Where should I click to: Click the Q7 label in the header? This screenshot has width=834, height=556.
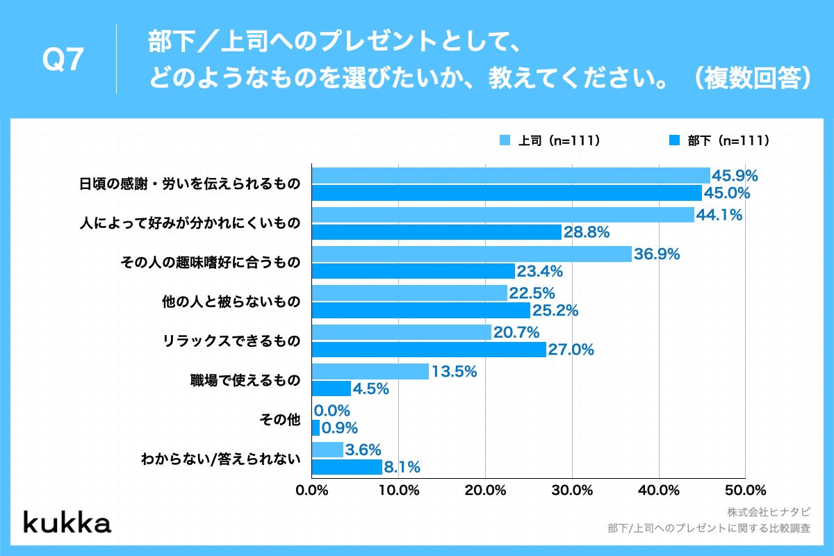tap(63, 60)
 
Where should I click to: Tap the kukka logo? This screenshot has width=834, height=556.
tap(67, 522)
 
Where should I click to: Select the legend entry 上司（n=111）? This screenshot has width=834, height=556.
tap(550, 140)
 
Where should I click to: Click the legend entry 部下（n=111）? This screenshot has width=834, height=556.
tap(719, 140)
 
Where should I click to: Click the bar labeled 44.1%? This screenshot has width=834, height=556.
tap(502, 215)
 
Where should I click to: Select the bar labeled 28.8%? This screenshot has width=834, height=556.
tap(436, 232)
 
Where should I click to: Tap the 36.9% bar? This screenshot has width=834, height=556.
tap(471, 254)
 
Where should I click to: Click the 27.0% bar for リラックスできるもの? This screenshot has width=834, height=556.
tap(429, 350)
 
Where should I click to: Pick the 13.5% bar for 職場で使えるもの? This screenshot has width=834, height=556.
tap(370, 372)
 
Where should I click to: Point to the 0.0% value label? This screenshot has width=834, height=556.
tap(332, 411)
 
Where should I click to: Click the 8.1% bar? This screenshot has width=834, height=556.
tap(347, 467)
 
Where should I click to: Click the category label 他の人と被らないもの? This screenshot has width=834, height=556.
tap(230, 302)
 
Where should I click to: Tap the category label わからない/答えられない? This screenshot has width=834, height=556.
tap(220, 459)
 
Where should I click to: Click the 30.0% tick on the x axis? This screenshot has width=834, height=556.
tap(572, 490)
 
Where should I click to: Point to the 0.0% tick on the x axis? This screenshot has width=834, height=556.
tap(311, 490)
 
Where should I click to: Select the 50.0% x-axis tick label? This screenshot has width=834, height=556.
tap(745, 490)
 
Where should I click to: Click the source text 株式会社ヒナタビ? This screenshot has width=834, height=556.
tap(769, 512)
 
